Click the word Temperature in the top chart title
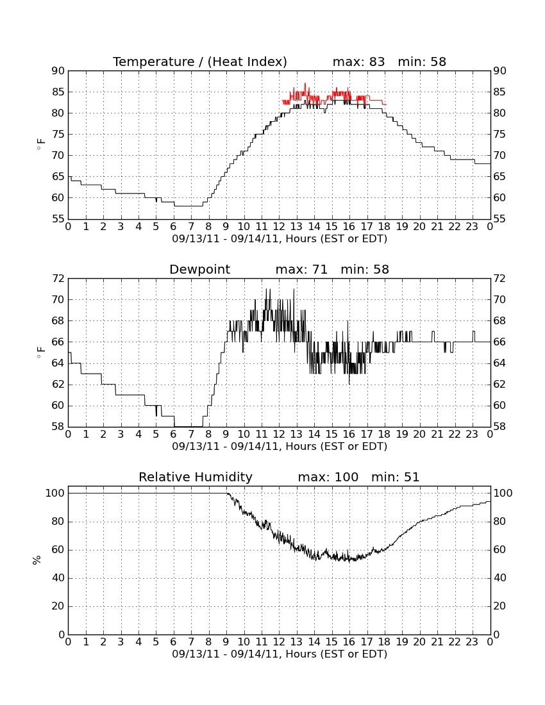(153, 62)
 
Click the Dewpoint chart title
(199, 269)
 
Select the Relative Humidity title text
(196, 477)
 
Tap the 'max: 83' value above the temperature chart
(359, 62)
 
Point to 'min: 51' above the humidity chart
(395, 477)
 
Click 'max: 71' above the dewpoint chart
(301, 269)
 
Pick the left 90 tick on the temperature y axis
(58, 70)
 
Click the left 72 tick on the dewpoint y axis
(58, 278)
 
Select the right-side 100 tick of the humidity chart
(503, 493)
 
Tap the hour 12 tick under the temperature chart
(279, 227)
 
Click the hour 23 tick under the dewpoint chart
(472, 435)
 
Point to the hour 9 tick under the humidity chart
(226, 642)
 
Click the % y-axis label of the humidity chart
(37, 560)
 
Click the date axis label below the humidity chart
(280, 654)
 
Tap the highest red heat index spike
(305, 84)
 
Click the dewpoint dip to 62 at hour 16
(349, 383)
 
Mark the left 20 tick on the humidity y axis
(58, 606)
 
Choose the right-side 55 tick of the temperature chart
(499, 219)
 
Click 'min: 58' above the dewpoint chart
(365, 269)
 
